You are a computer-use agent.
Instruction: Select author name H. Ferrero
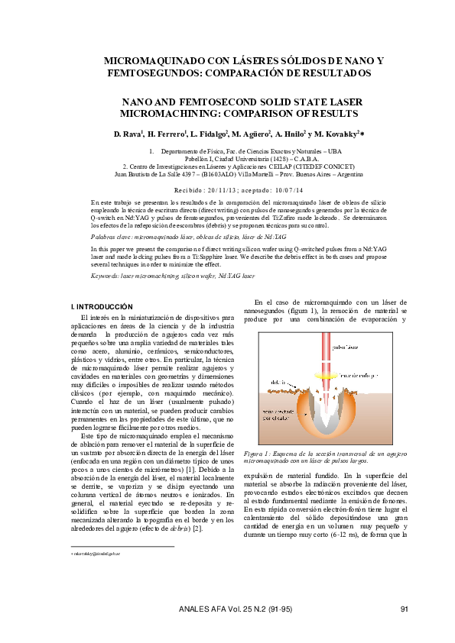pyautogui.click(x=166, y=134)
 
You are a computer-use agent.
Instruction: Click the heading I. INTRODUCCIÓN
pyautogui.click(x=101, y=306)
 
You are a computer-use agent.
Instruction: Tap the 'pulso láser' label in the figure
pyautogui.click(x=346, y=347)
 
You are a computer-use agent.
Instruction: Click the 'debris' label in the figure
pyautogui.click(x=279, y=380)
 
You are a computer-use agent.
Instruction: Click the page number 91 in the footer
pyautogui.click(x=405, y=608)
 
